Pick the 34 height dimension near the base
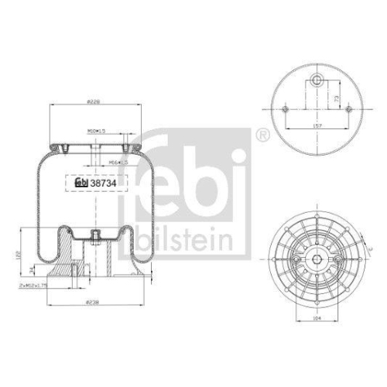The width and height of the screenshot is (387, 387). [31, 269]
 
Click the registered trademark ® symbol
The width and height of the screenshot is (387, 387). [265, 136]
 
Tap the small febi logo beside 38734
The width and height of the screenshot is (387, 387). [80, 184]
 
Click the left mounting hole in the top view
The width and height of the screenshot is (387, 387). [286, 109]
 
